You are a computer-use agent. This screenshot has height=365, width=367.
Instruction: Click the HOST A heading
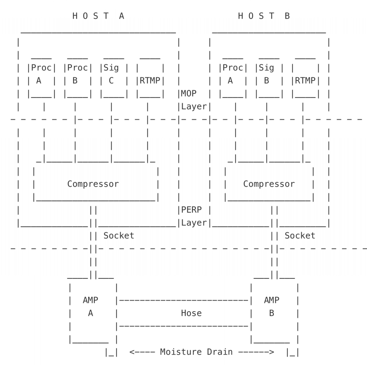point(98,16)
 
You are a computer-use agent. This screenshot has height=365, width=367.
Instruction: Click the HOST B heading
point(264,16)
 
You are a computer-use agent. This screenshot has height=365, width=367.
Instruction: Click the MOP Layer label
point(194,100)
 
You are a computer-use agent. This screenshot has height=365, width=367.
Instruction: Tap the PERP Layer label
point(194,216)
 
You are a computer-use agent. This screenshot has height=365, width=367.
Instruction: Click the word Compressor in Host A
point(93,184)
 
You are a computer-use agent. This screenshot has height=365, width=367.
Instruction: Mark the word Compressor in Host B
point(269,184)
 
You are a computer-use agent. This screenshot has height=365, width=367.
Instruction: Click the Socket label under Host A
point(119,236)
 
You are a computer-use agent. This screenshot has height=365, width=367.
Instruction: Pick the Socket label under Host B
point(300,236)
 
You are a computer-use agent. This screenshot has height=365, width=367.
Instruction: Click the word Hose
point(191,313)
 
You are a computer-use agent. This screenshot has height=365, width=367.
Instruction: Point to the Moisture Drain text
point(196,352)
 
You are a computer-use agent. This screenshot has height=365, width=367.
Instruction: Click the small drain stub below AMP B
point(292,352)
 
